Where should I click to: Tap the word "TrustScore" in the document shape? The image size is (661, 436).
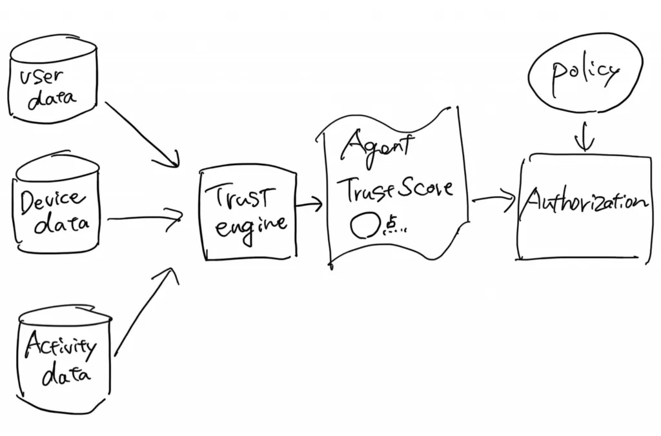(395, 188)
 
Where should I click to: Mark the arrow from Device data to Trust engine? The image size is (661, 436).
(145, 218)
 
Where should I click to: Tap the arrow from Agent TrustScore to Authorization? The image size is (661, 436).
(494, 199)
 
